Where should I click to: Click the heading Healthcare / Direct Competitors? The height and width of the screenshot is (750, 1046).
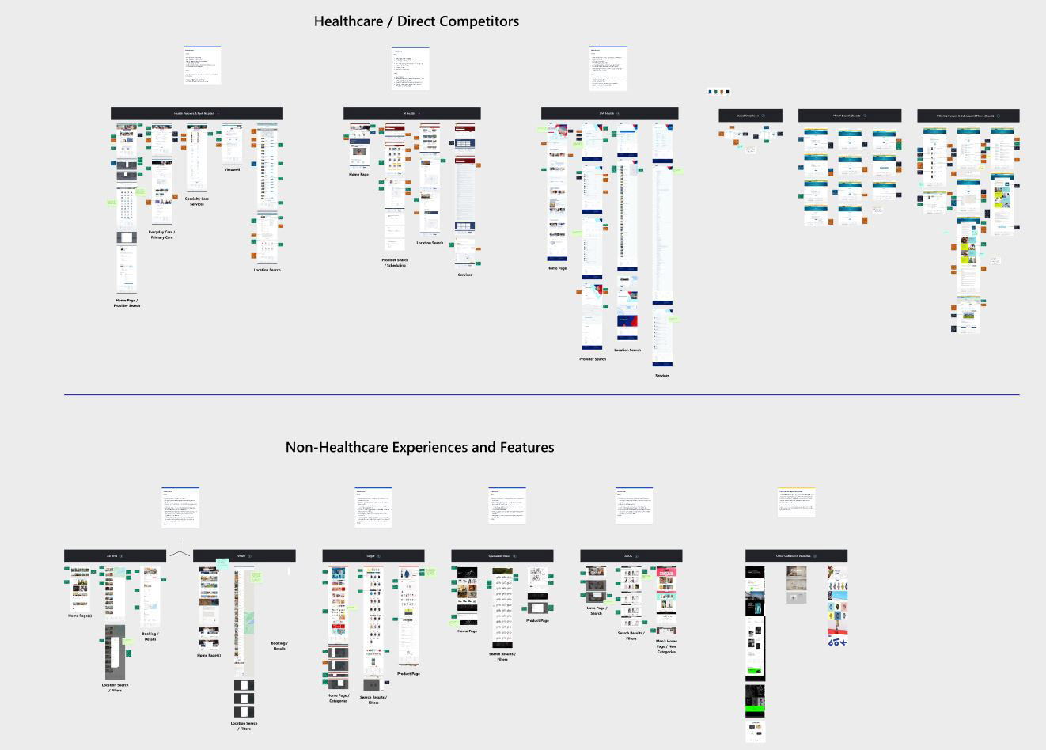click(x=416, y=21)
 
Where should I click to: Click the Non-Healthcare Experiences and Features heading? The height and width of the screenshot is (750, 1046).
click(x=419, y=447)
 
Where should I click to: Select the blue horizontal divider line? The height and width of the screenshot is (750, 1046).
click(x=541, y=394)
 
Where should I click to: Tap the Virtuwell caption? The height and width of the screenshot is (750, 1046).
click(x=232, y=169)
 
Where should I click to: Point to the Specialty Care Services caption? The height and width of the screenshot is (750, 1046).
click(x=197, y=201)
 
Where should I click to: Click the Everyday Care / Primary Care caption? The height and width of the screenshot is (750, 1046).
click(x=161, y=234)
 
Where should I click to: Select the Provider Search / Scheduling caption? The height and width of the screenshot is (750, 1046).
click(x=395, y=263)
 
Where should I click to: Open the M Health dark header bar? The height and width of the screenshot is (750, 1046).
click(x=411, y=113)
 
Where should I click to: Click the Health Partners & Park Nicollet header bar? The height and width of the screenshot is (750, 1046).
click(x=196, y=113)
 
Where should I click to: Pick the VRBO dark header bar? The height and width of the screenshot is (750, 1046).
click(x=244, y=556)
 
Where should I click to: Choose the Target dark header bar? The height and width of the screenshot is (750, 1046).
click(x=373, y=556)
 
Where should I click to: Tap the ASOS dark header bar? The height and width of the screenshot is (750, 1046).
click(x=631, y=556)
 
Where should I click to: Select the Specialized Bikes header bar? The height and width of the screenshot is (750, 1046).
click(x=502, y=556)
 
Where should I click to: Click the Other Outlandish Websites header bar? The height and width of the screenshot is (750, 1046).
click(x=795, y=556)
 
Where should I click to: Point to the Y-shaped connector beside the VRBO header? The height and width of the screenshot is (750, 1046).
click(x=180, y=549)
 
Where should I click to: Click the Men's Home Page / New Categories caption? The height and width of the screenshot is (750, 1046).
click(x=666, y=646)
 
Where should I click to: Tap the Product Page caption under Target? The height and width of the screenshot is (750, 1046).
click(x=408, y=674)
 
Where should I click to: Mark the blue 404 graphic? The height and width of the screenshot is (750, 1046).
click(x=837, y=642)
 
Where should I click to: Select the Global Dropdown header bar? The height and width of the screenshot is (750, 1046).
click(x=750, y=116)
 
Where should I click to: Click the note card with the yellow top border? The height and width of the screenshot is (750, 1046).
click(x=796, y=502)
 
